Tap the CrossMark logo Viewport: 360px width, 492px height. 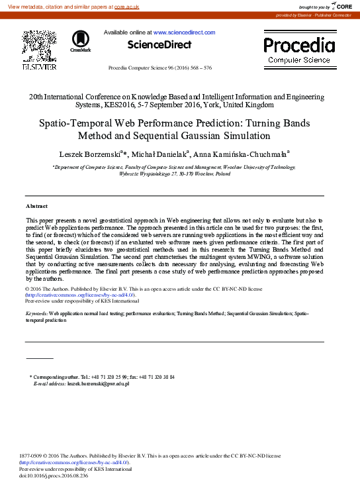click(80, 40)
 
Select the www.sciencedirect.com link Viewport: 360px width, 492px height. click(184, 32)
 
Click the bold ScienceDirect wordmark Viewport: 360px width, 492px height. click(159, 45)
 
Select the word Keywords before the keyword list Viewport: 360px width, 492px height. click(37, 313)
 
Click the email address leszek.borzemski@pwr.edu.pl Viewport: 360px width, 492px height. click(98, 383)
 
